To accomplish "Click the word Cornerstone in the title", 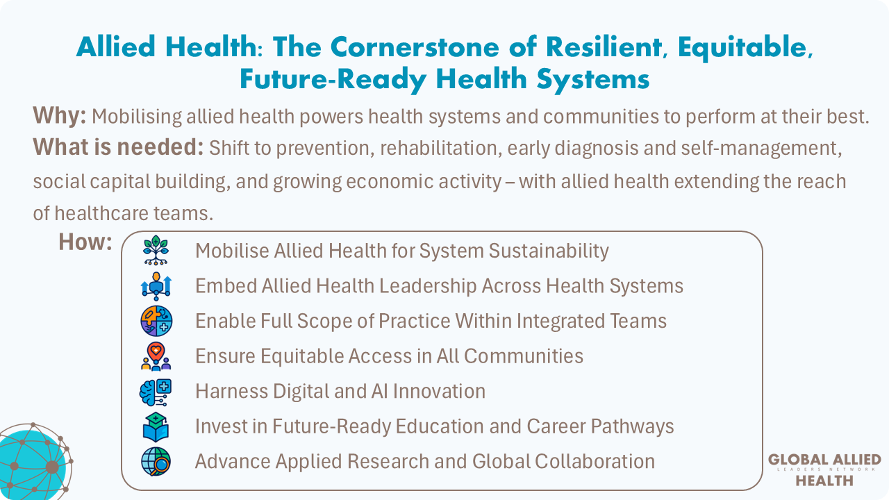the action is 415,47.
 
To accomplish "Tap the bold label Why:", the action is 60,116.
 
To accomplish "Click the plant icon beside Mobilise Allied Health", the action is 156,250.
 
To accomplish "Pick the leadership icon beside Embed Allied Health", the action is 156,286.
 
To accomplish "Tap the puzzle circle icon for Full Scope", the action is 156,321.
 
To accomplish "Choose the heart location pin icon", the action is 156,356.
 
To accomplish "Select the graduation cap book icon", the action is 156,427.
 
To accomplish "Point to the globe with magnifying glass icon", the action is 156,462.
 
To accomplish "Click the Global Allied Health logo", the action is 824,470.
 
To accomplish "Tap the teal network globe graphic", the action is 35,462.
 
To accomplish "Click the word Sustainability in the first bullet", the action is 549,251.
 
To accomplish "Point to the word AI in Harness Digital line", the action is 380,391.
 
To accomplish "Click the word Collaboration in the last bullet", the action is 595,461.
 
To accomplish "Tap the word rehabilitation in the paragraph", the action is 438,148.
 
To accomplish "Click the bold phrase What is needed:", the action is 118,147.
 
